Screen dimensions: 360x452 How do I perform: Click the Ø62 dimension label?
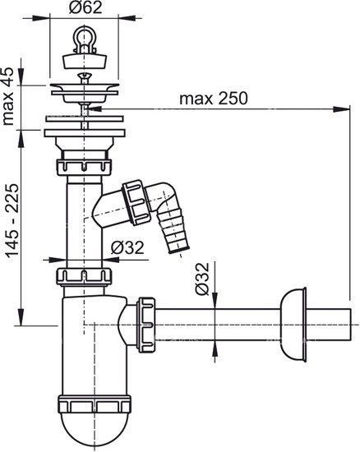(85, 7)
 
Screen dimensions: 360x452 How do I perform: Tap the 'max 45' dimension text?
(8, 96)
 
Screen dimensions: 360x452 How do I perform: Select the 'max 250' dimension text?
(214, 99)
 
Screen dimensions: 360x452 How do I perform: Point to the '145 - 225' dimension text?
(12, 220)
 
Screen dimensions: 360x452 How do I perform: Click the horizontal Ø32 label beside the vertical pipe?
(127, 247)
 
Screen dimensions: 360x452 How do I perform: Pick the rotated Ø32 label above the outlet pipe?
(201, 279)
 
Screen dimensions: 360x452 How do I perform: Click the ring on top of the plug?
(85, 37)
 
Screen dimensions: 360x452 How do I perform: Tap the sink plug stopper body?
(85, 60)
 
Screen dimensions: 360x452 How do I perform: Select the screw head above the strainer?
(85, 76)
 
